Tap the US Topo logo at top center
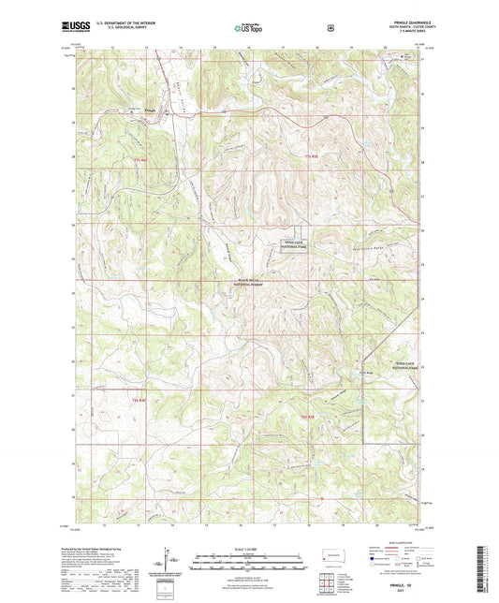[249, 29]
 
